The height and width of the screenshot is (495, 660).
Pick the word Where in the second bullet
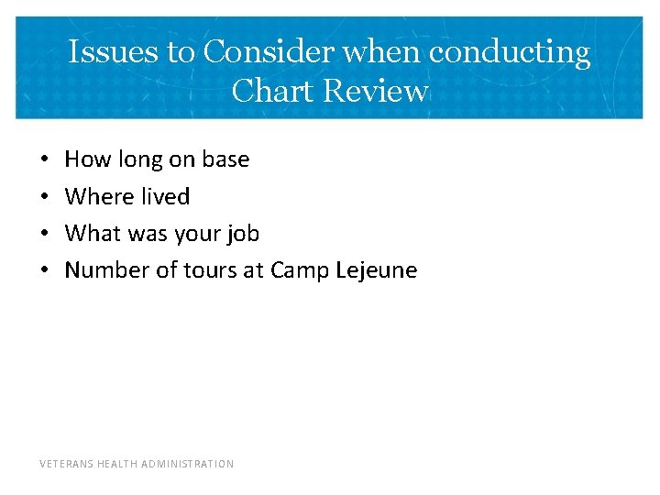94,196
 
